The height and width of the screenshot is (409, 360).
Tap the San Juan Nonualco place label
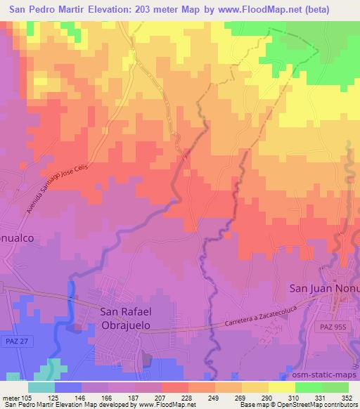[x=324, y=287]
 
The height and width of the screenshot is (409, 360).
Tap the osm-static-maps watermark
[x=330, y=372]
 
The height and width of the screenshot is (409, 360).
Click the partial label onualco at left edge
[x=17, y=238]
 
